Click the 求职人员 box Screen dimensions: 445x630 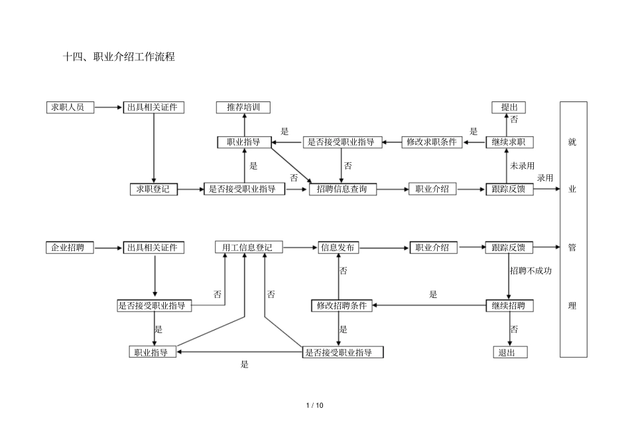pos(69,107)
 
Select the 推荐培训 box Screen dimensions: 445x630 pos(243,107)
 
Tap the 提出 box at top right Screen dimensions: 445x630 pos(509,107)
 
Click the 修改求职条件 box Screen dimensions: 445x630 pos(432,142)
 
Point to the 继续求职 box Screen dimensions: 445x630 pos(509,142)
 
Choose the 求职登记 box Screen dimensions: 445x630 pos(154,189)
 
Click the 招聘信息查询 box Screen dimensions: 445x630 pos(342,189)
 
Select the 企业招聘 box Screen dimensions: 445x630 pos(69,248)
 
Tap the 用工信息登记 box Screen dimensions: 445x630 pos(248,248)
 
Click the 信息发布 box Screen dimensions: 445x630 pos(338,248)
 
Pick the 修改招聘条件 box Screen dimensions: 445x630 pos(342,305)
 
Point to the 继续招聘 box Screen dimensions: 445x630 pos(509,305)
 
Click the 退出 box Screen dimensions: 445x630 pos(509,352)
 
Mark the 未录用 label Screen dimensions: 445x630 pos(523,166)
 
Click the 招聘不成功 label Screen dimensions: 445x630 pos(531,271)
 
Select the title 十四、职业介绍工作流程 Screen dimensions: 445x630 pos(119,58)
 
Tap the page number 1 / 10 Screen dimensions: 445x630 pos(315,405)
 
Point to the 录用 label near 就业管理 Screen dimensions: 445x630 pos(545,177)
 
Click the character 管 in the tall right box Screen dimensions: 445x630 pos(573,248)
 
